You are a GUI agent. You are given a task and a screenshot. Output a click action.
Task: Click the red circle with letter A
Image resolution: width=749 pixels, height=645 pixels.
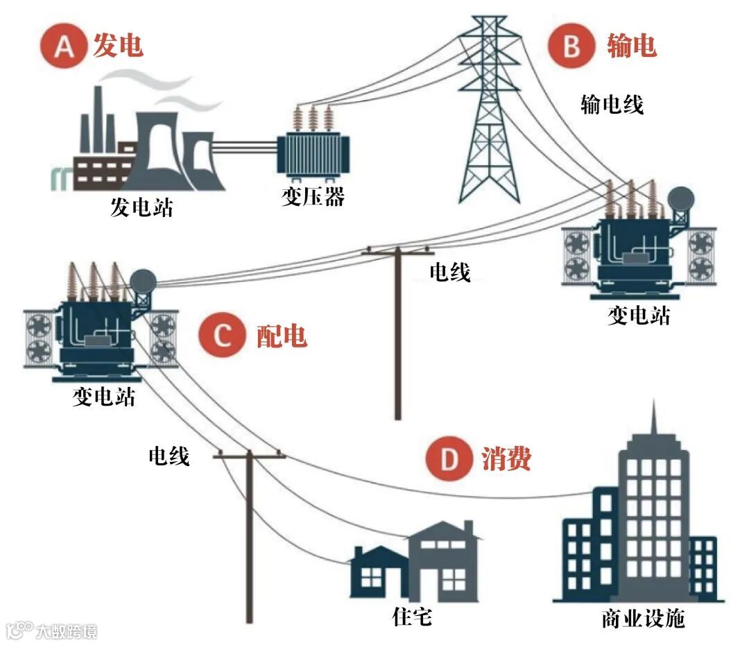point(64,47)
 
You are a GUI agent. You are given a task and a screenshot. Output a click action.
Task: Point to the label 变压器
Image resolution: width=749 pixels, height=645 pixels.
point(313,198)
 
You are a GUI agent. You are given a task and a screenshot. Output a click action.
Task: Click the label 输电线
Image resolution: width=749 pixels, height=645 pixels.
point(612,105)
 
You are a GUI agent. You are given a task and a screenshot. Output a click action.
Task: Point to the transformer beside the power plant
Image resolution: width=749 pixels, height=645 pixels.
point(313,149)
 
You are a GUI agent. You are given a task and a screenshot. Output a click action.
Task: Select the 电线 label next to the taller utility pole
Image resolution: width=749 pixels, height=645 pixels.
point(449,273)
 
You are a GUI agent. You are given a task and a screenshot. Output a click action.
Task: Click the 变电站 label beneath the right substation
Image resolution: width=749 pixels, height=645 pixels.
point(639,316)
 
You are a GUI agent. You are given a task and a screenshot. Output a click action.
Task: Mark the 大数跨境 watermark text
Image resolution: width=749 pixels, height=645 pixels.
point(66,631)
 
